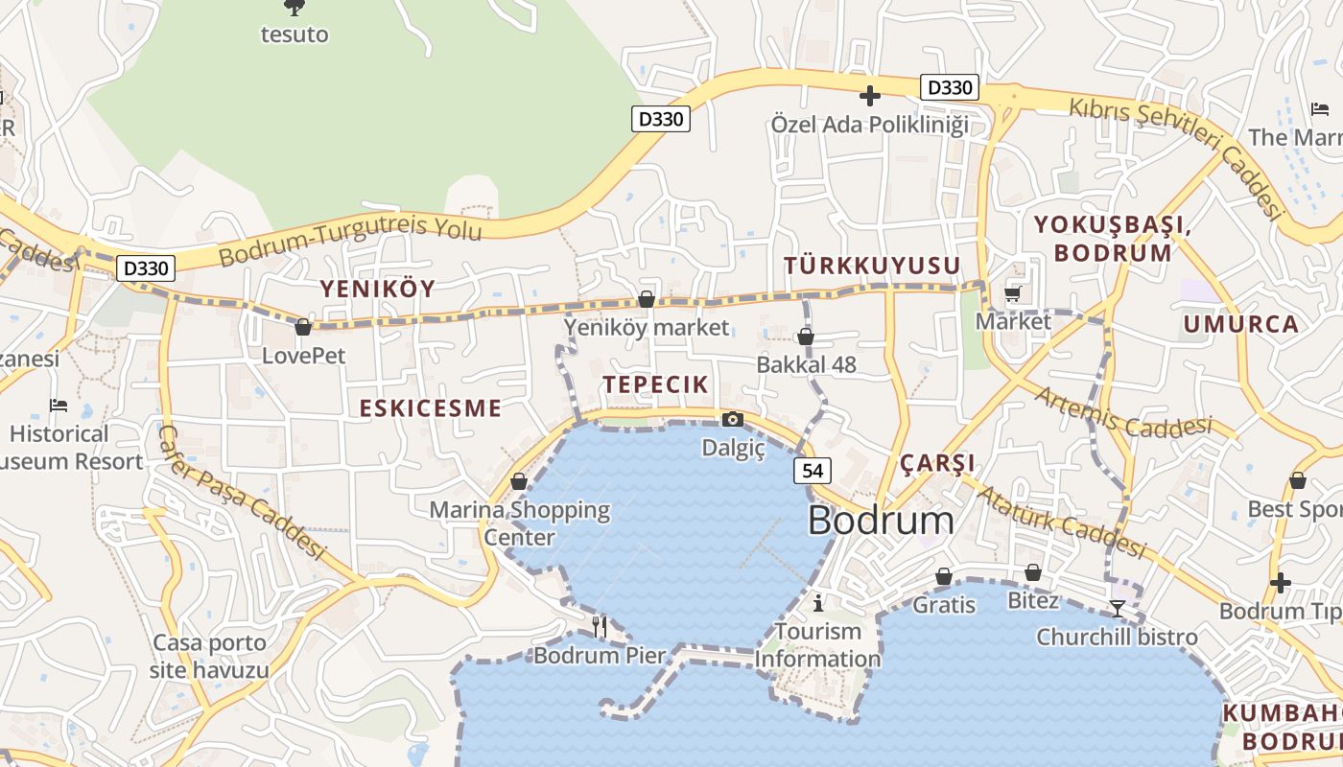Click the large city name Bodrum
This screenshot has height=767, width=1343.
[881, 521]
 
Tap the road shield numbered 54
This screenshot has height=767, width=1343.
[813, 471]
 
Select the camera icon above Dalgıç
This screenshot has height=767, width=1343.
[733, 419]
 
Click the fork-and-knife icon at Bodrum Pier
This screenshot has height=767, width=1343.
[600, 626]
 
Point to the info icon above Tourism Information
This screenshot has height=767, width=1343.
[817, 603]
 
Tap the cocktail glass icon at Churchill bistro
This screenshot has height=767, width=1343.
[1117, 608]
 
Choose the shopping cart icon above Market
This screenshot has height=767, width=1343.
[1013, 293]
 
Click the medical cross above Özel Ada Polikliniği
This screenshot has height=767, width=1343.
[870, 96]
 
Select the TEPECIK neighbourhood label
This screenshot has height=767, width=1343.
[656, 385]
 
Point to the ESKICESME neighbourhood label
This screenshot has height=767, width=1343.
[430, 408]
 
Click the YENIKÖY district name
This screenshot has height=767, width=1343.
[377, 289]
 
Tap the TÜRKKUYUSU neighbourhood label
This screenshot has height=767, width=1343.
[872, 267]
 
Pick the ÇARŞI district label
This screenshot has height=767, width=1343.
[937, 463]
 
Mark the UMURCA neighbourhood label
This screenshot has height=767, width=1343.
[1241, 324]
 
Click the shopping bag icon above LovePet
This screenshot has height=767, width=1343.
[303, 327]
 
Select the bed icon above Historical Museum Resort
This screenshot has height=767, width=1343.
[59, 406]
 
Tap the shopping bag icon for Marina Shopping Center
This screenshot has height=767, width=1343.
[519, 481]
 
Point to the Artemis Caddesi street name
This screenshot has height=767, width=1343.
[1122, 410]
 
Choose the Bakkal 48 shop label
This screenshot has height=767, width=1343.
[806, 365]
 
